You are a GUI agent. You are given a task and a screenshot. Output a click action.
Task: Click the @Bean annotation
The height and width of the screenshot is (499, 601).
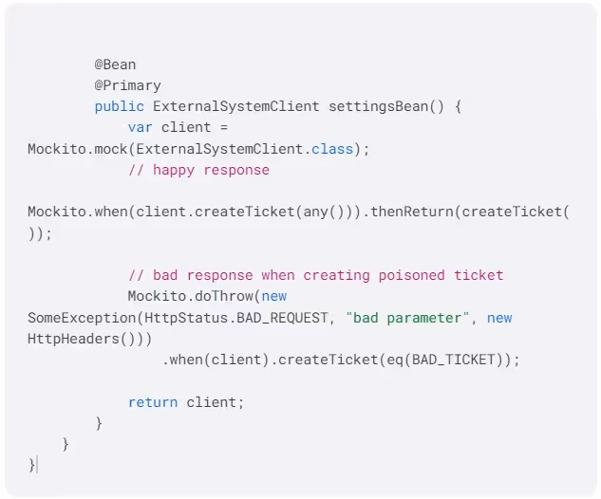(x=115, y=65)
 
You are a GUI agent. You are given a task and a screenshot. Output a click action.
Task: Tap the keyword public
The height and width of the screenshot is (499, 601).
(x=119, y=106)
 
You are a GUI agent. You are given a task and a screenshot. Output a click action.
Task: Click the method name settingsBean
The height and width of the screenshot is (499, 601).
(x=378, y=106)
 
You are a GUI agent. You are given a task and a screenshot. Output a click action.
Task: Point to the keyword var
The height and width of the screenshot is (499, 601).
(x=140, y=127)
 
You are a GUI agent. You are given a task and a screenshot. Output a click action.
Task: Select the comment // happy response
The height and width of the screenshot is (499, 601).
(x=198, y=170)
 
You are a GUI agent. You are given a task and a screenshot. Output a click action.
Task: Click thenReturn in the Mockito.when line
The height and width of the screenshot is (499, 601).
(x=412, y=212)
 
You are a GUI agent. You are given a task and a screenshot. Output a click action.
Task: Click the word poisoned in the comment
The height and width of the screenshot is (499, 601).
(x=411, y=275)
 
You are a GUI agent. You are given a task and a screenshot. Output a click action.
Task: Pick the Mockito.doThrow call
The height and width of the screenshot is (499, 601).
(x=190, y=296)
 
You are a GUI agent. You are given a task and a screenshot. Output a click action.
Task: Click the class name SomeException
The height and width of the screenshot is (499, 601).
(x=73, y=318)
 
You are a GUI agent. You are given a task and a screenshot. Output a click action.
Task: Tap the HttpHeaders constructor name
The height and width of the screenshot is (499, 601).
(x=69, y=339)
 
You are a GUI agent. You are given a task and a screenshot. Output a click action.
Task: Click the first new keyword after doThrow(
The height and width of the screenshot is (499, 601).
(x=273, y=296)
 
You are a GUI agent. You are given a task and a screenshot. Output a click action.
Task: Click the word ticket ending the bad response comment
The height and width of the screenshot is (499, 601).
(x=479, y=275)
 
